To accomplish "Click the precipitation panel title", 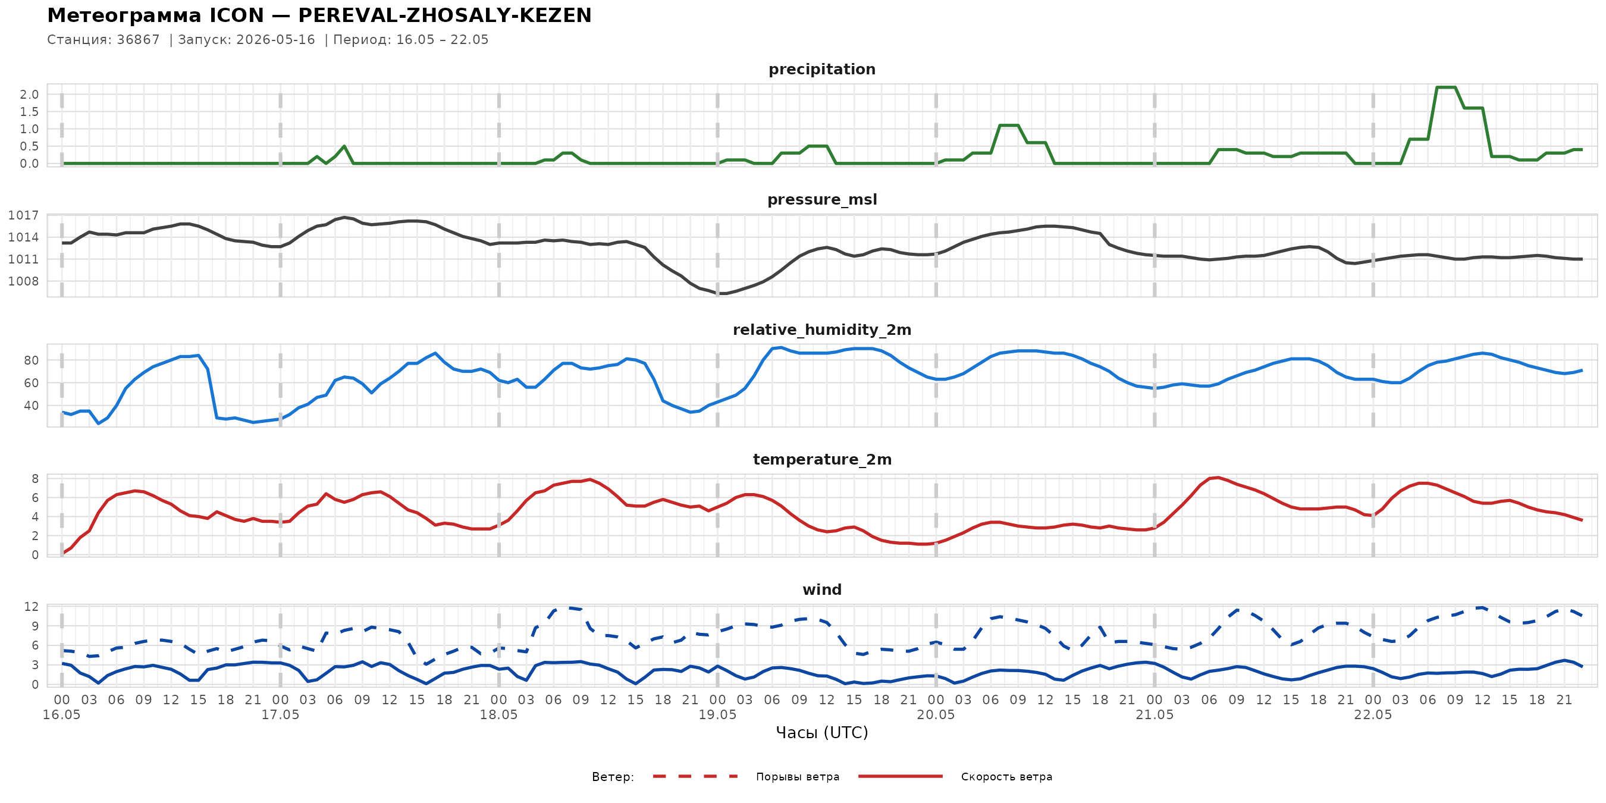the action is point(821,69).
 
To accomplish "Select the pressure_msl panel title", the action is point(821,199).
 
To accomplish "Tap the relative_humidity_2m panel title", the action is point(821,330).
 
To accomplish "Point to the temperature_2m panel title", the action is point(821,459).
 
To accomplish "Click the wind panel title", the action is point(821,590).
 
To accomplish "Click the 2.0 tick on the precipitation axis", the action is point(29,95).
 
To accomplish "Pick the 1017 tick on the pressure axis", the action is point(23,216).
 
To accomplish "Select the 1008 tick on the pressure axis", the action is point(23,281).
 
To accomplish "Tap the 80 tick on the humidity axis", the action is point(31,360).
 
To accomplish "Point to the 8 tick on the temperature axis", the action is point(35,479).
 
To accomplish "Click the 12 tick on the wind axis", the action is point(31,607).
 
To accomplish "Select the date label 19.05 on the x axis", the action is point(717,715).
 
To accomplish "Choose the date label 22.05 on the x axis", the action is point(1372,715).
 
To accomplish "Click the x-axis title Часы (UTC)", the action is point(821,733).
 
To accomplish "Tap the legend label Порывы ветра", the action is point(798,777).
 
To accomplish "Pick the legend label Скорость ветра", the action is point(1006,777).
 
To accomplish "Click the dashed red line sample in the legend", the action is point(695,776).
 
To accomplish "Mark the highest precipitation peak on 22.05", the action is point(1446,87).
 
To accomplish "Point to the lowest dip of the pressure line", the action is point(722,293).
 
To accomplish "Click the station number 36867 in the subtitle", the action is point(138,40).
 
